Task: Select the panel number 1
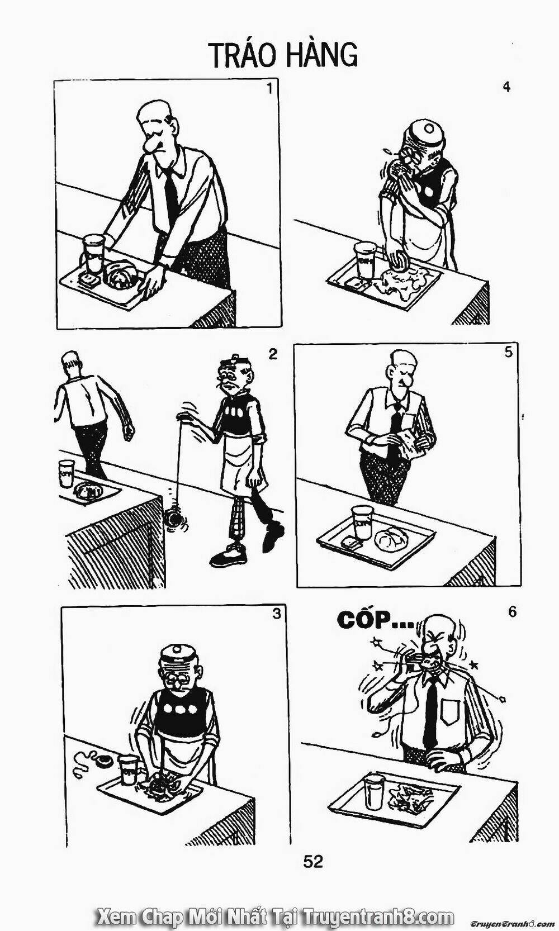click(270, 88)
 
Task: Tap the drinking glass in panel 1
click(94, 254)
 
